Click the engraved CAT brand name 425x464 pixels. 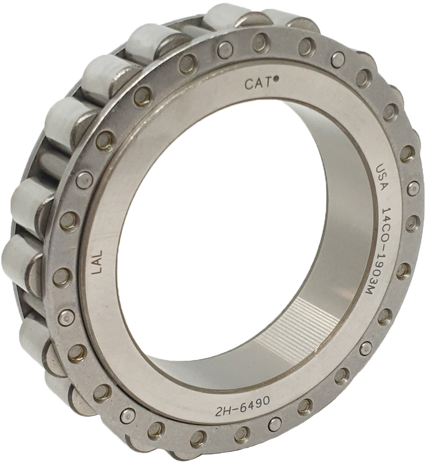click(x=257, y=84)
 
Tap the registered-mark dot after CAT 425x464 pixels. click(x=275, y=79)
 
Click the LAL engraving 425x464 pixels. click(x=97, y=262)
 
